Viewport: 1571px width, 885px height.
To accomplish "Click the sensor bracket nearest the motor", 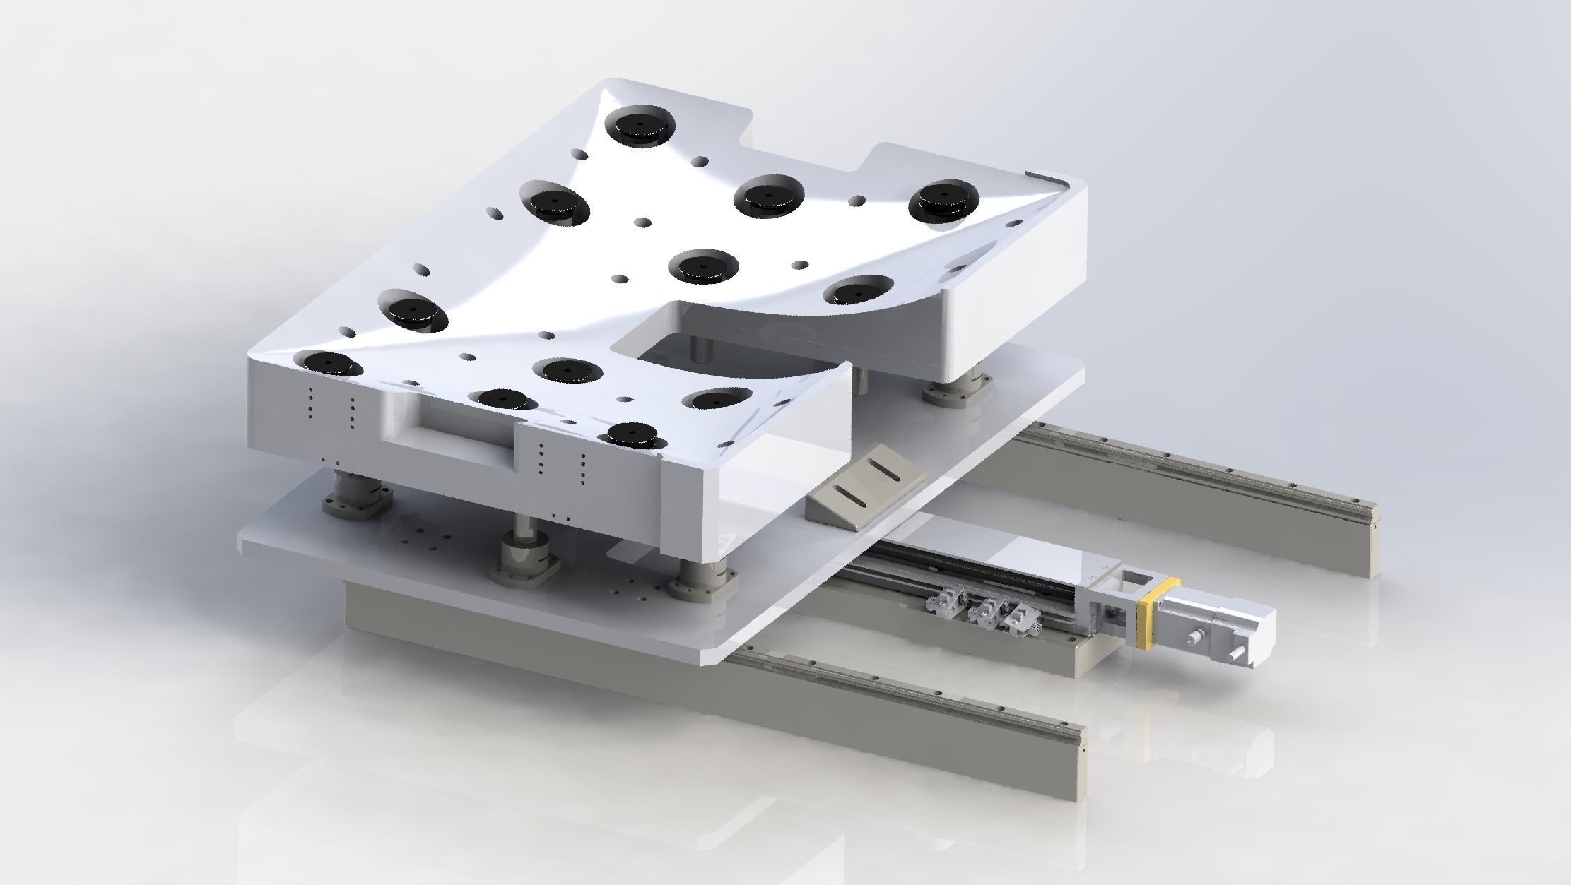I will tap(1022, 617).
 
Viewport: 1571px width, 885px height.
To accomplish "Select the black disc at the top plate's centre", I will tap(704, 267).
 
